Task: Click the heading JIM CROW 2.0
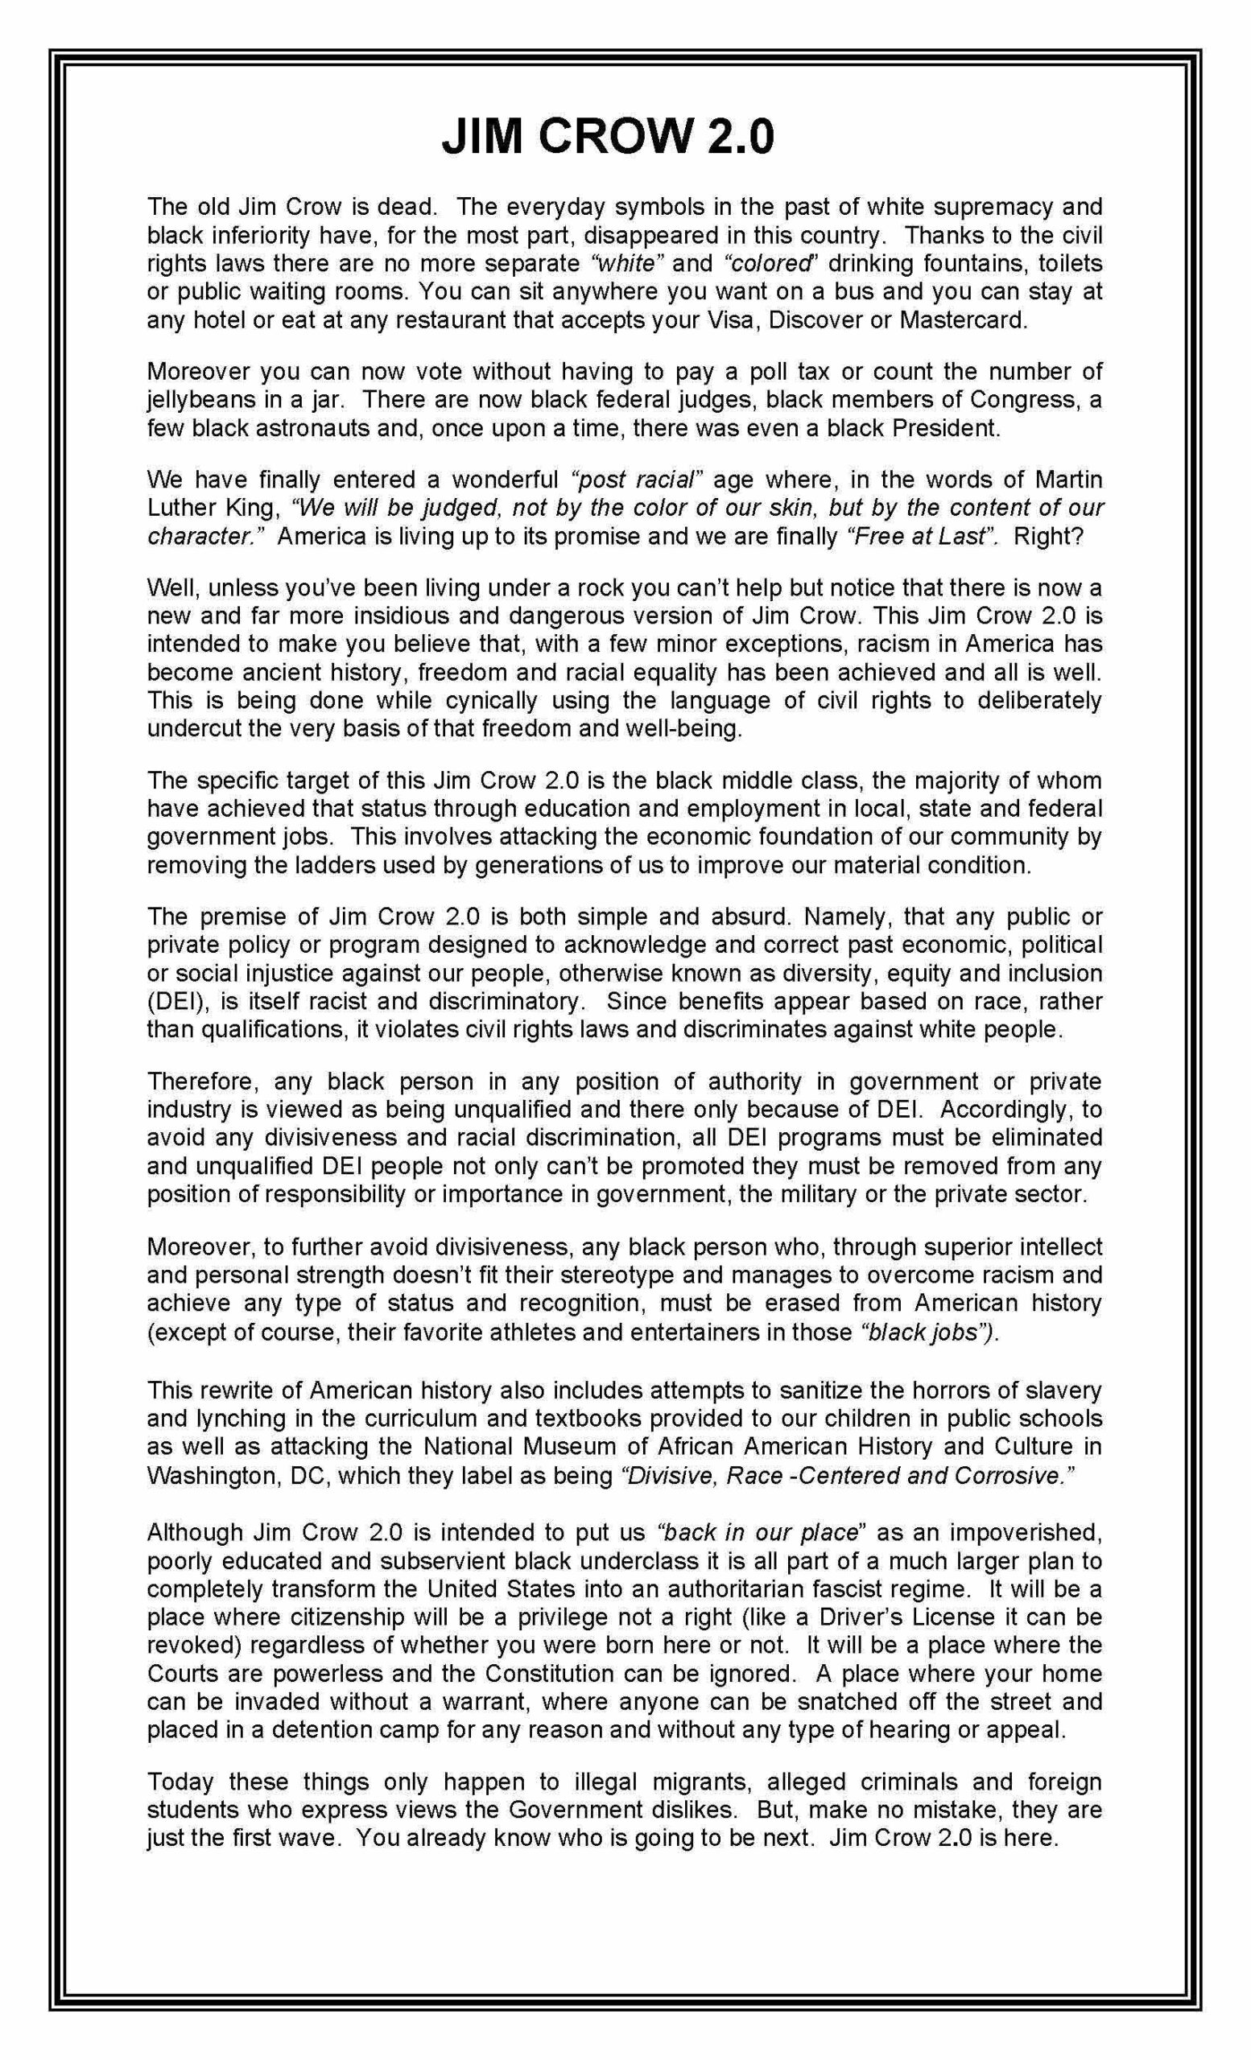point(608,137)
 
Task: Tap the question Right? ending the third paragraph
point(1048,536)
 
